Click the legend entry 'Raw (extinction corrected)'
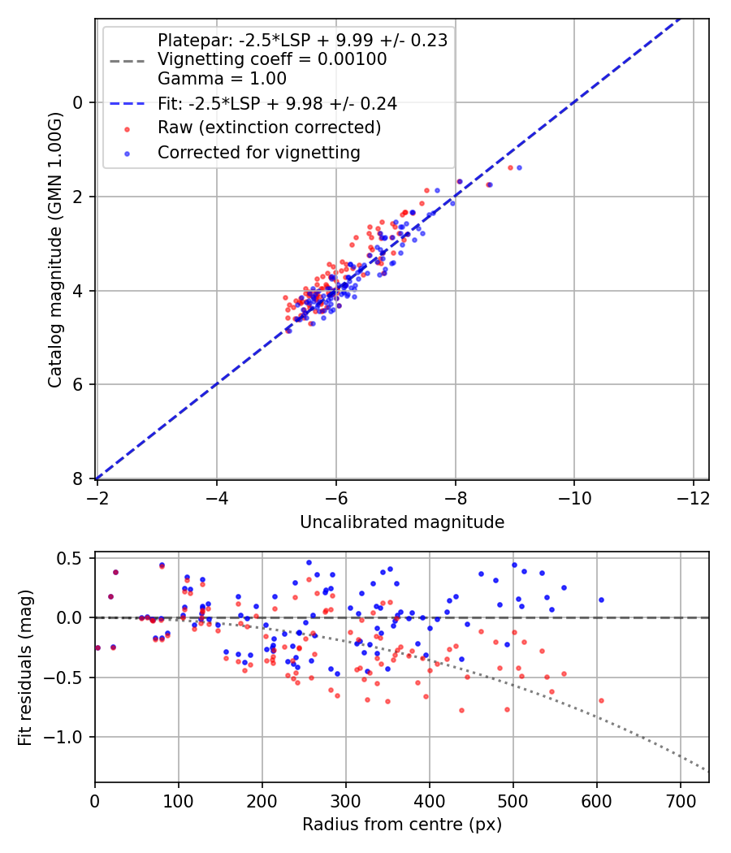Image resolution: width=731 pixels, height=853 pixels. pos(269,128)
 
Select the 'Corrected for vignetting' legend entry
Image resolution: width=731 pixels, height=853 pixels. pos(258,152)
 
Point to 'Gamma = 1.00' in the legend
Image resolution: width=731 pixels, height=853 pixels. pos(222,80)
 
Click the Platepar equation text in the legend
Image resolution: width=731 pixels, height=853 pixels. pos(302,41)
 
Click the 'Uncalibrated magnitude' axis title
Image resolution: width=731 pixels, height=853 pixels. pos(402,522)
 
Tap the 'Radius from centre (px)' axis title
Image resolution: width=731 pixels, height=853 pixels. pos(402,825)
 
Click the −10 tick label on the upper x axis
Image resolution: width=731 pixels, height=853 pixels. pos(574,496)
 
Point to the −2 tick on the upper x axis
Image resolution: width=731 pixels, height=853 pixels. pos(97,496)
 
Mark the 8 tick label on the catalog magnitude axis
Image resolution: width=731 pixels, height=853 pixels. pos(78,478)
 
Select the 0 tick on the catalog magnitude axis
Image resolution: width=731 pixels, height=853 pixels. pos(78,102)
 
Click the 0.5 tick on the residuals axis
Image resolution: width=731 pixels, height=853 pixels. pos(74,558)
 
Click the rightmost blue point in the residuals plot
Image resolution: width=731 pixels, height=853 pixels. pos(601,600)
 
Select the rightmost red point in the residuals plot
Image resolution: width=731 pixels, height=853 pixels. pos(601,700)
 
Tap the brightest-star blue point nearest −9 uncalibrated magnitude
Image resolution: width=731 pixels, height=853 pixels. pos(519,167)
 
